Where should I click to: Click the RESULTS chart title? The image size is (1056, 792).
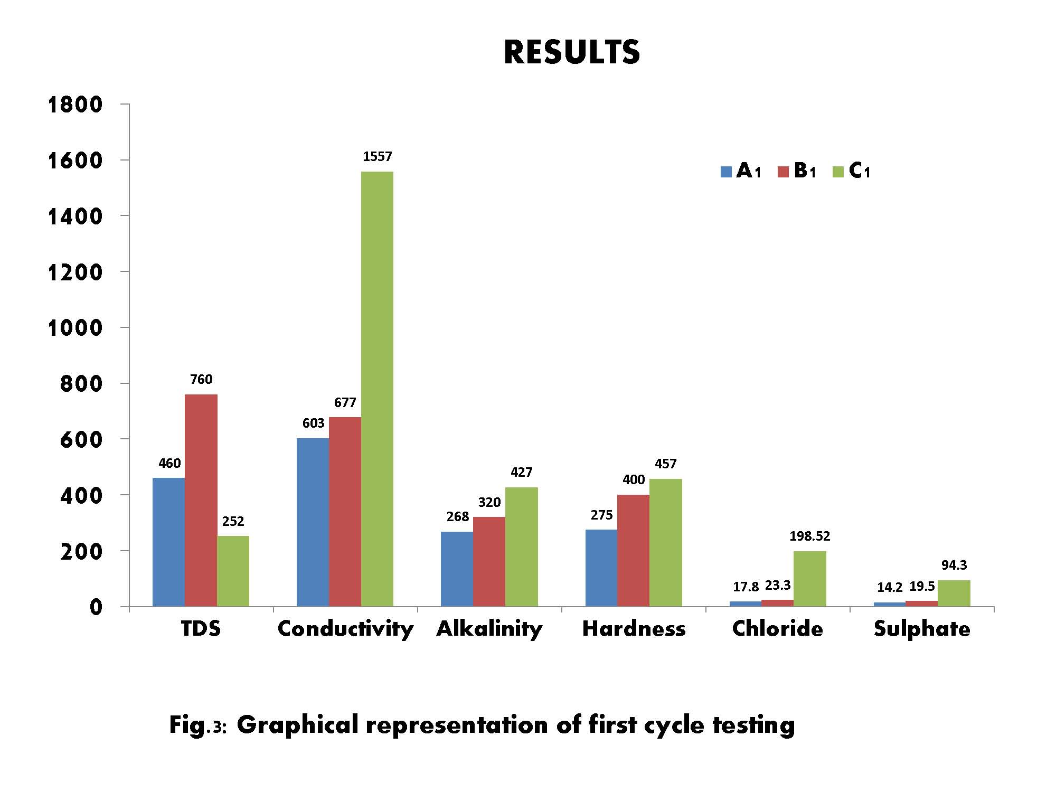(572, 52)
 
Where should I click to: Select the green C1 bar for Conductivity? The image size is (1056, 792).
(377, 389)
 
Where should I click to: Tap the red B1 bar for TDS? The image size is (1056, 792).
(201, 500)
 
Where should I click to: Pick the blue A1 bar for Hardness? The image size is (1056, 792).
(601, 568)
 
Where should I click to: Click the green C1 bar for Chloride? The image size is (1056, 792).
(809, 579)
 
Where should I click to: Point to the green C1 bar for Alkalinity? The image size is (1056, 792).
(521, 546)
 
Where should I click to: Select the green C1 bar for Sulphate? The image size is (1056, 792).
(954, 593)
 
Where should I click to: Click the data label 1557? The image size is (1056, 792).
(378, 156)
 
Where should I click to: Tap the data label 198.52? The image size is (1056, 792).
(809, 536)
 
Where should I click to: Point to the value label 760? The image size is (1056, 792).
(201, 379)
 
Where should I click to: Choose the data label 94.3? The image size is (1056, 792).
(954, 565)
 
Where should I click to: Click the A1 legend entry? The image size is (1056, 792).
(741, 171)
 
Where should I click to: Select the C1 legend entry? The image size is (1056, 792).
(851, 171)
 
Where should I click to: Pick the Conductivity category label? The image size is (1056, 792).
(345, 629)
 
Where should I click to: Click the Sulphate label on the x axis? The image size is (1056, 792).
(922, 629)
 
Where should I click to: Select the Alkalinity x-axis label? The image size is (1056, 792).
(489, 629)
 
